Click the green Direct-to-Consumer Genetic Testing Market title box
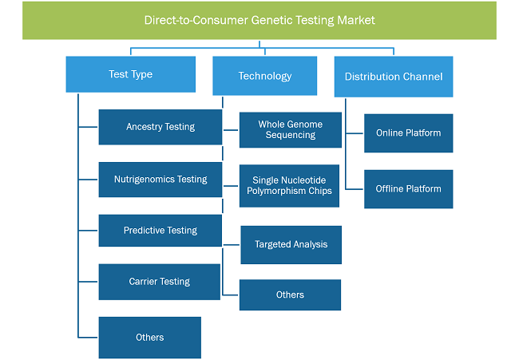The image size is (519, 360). pyautogui.click(x=259, y=21)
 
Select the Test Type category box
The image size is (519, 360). pyautogui.click(x=130, y=74)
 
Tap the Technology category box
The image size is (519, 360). pyautogui.click(x=265, y=76)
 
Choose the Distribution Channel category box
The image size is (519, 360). pyautogui.click(x=394, y=77)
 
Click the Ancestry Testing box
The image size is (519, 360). pyautogui.click(x=160, y=127)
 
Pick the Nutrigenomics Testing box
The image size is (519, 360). pyautogui.click(x=160, y=180)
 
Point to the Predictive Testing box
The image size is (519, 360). pyautogui.click(x=160, y=231)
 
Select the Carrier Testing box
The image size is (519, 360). pyautogui.click(x=159, y=282)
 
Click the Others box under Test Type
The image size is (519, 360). pyautogui.click(x=149, y=338)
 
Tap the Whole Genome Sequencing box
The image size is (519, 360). pyautogui.click(x=291, y=129)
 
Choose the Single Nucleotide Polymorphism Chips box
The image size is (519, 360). pyautogui.click(x=289, y=186)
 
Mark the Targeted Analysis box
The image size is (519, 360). pyautogui.click(x=291, y=245)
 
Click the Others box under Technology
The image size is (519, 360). pyautogui.click(x=290, y=295)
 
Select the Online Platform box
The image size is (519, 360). pyautogui.click(x=409, y=133)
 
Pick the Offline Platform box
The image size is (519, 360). pyautogui.click(x=409, y=189)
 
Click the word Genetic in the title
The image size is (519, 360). pyautogui.click(x=272, y=21)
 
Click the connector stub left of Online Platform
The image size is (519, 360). pyautogui.click(x=355, y=133)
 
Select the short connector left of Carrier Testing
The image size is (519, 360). pyautogui.click(x=88, y=282)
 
